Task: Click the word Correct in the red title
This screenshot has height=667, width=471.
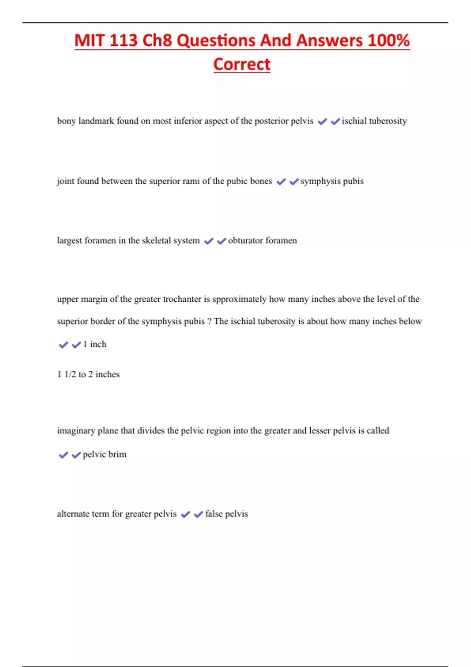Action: pyautogui.click(x=242, y=64)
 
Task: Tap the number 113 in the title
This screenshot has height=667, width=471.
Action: pyautogui.click(x=123, y=40)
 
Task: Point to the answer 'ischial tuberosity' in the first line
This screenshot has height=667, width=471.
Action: pyautogui.click(x=374, y=121)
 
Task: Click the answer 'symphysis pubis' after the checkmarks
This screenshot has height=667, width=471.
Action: pyautogui.click(x=332, y=181)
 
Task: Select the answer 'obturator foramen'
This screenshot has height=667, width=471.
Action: pyautogui.click(x=262, y=241)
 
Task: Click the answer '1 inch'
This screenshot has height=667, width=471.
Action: pyautogui.click(x=95, y=344)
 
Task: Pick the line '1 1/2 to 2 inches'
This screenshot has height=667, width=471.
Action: pyautogui.click(x=88, y=374)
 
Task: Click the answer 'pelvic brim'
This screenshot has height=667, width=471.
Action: pyautogui.click(x=104, y=454)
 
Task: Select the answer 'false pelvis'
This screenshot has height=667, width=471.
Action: pyautogui.click(x=226, y=514)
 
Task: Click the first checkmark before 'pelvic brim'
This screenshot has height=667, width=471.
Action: pyautogui.click(x=63, y=455)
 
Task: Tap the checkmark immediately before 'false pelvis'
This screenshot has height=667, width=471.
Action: pyautogui.click(x=199, y=514)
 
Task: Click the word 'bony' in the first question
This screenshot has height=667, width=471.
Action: pyautogui.click(x=66, y=121)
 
